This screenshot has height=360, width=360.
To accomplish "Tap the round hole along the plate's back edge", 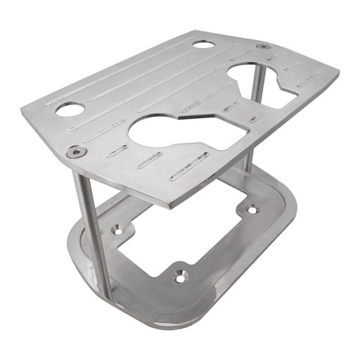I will pos(204,44).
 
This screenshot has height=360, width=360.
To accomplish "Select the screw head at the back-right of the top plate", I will pos(264,46).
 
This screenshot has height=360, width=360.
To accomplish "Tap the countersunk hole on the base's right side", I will pos(252,210).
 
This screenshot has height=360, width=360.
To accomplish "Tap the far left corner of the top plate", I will pos(22,107).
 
